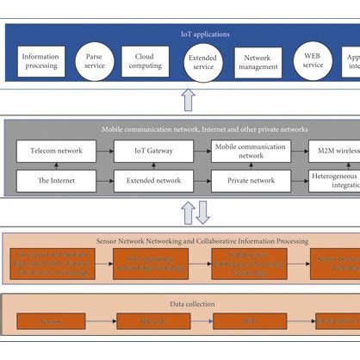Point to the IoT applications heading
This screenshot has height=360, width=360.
click(204, 34)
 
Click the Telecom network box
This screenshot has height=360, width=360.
click(56, 152)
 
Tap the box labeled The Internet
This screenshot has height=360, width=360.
click(56, 181)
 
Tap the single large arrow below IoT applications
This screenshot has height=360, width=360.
click(189, 100)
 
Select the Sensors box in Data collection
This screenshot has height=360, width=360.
click(53, 322)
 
